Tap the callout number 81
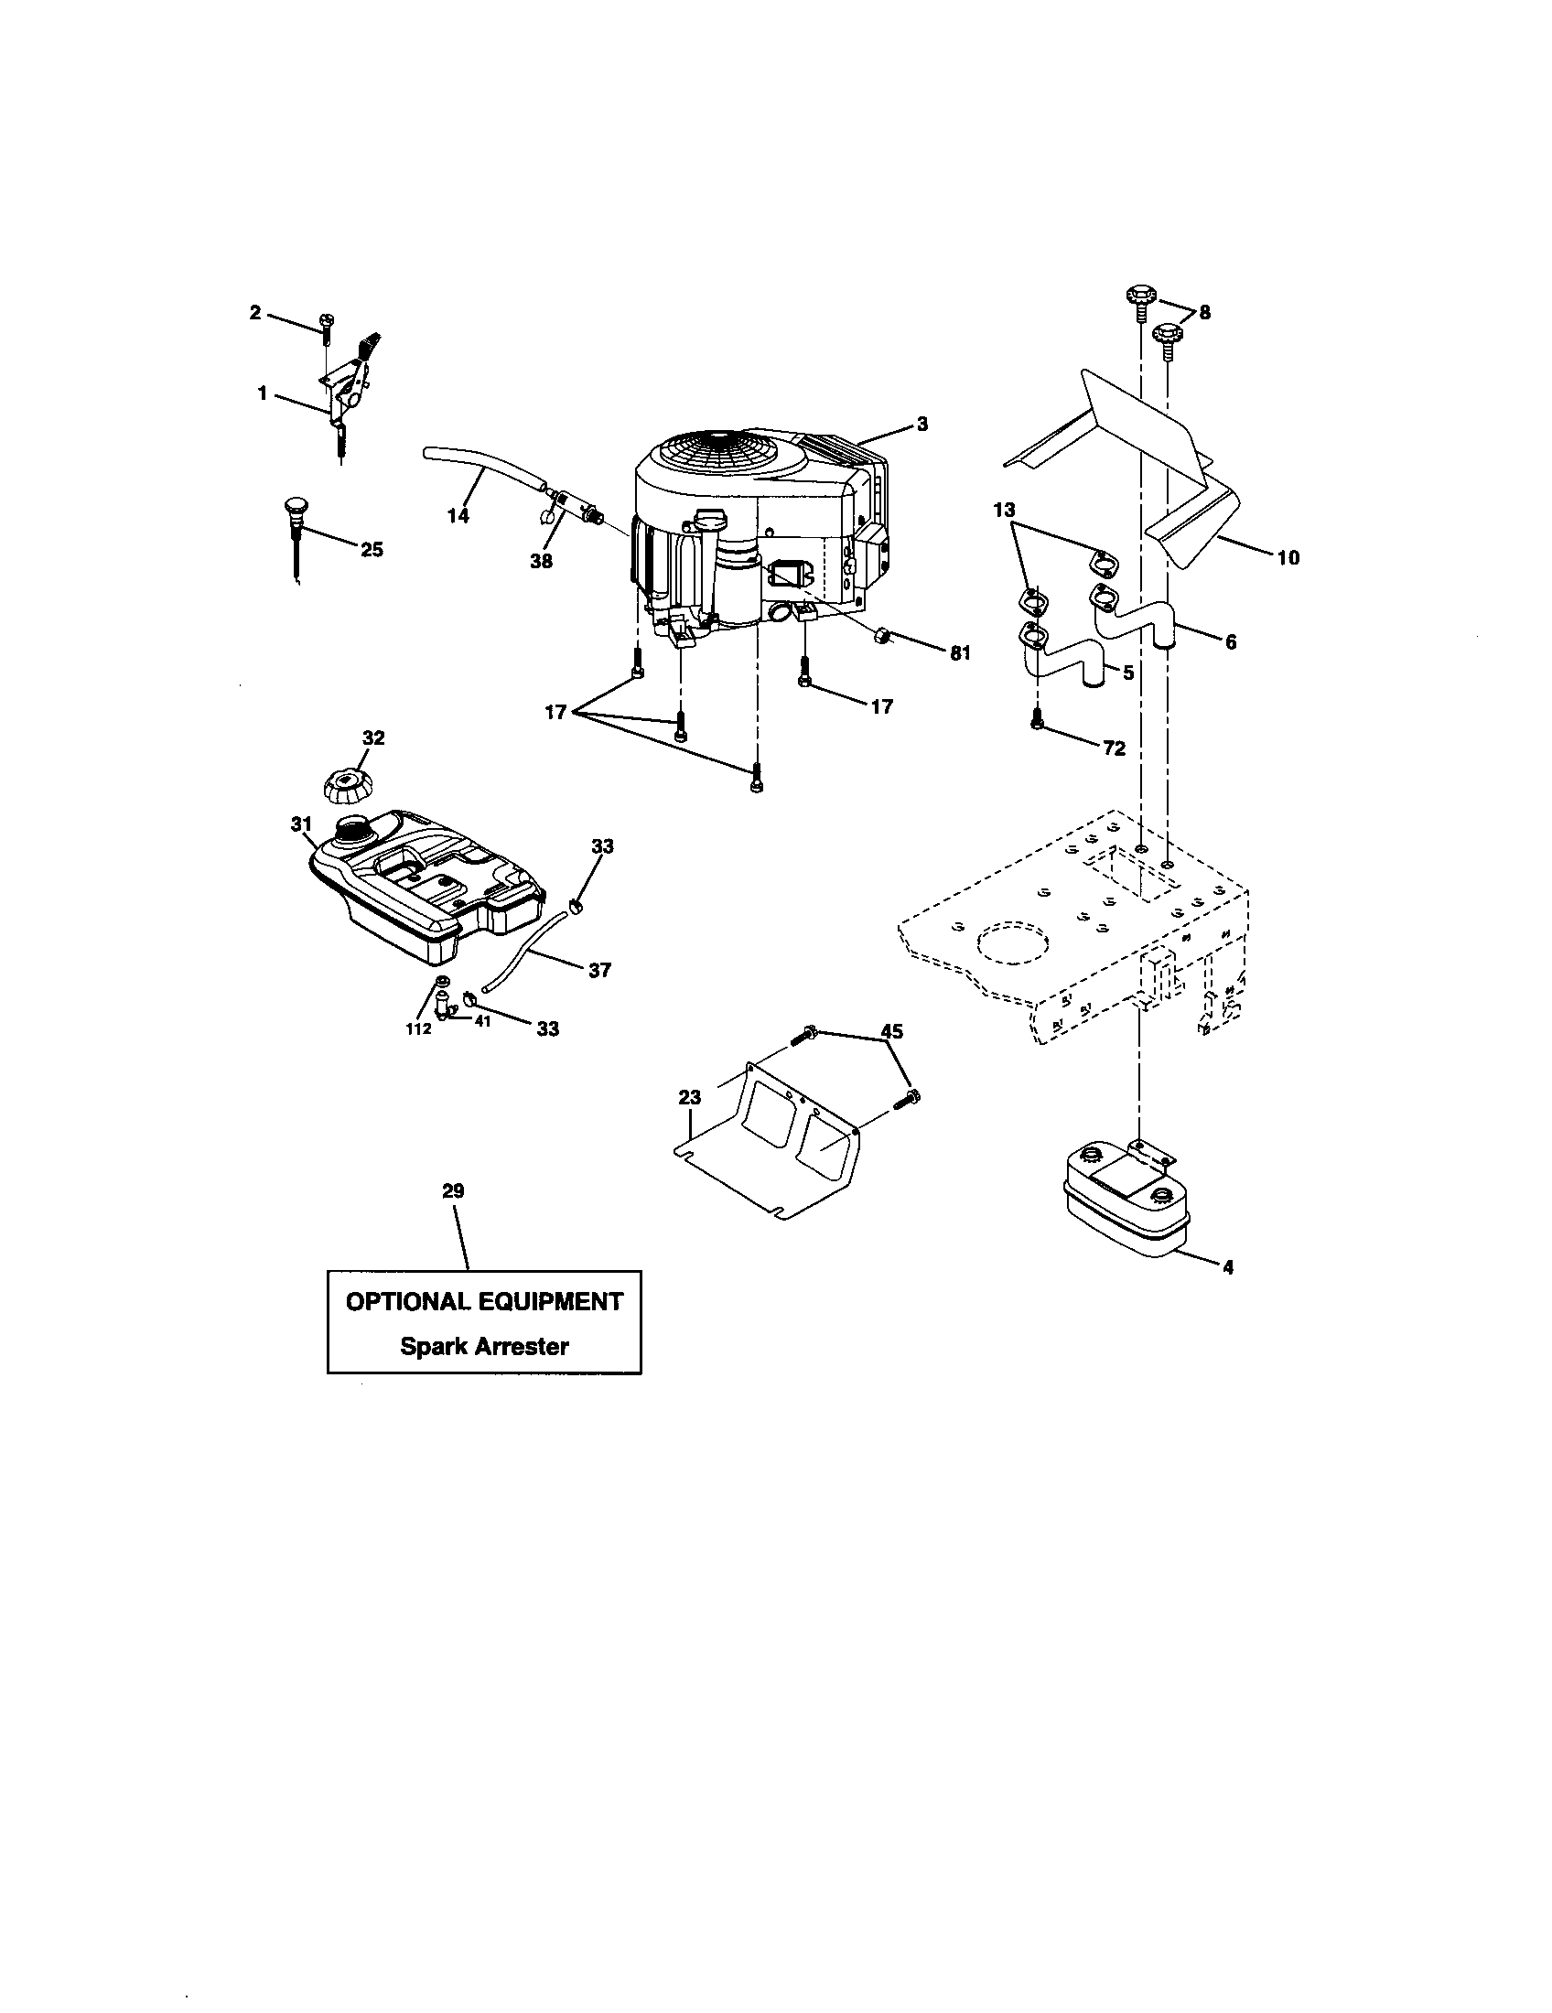[960, 652]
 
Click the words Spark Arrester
[484, 1347]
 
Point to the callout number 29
[452, 1190]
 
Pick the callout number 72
[1115, 748]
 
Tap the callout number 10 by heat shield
[1288, 556]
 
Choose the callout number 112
[418, 1028]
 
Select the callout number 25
[372, 549]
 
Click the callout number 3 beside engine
[921, 424]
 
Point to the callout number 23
[689, 1097]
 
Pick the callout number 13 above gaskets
[1004, 510]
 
